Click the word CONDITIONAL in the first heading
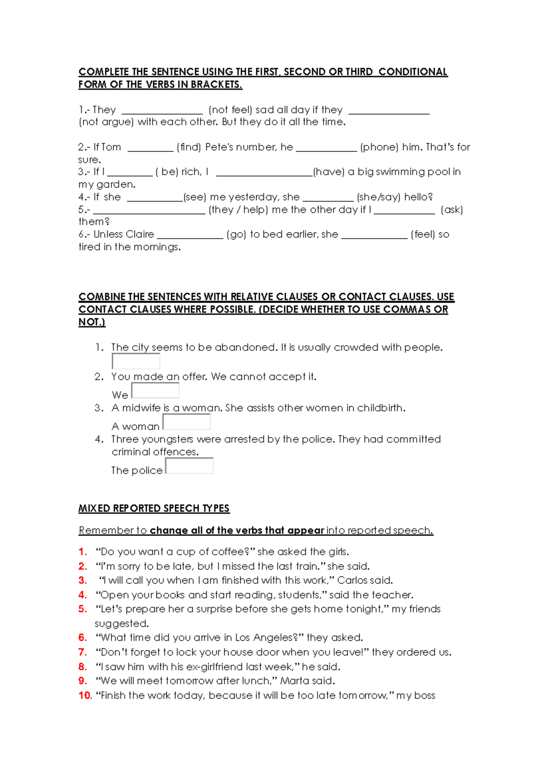[x=412, y=72]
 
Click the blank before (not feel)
[x=162, y=110]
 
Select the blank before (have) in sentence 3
[x=264, y=172]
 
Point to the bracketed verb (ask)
[x=451, y=210]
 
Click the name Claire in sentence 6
[x=140, y=234]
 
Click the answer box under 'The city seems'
[x=136, y=361]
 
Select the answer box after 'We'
[x=155, y=391]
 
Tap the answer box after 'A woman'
[x=187, y=422]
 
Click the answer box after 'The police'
[x=189, y=466]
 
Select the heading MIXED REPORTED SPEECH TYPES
[x=154, y=508]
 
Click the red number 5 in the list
[x=82, y=609]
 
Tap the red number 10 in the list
[x=85, y=695]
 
